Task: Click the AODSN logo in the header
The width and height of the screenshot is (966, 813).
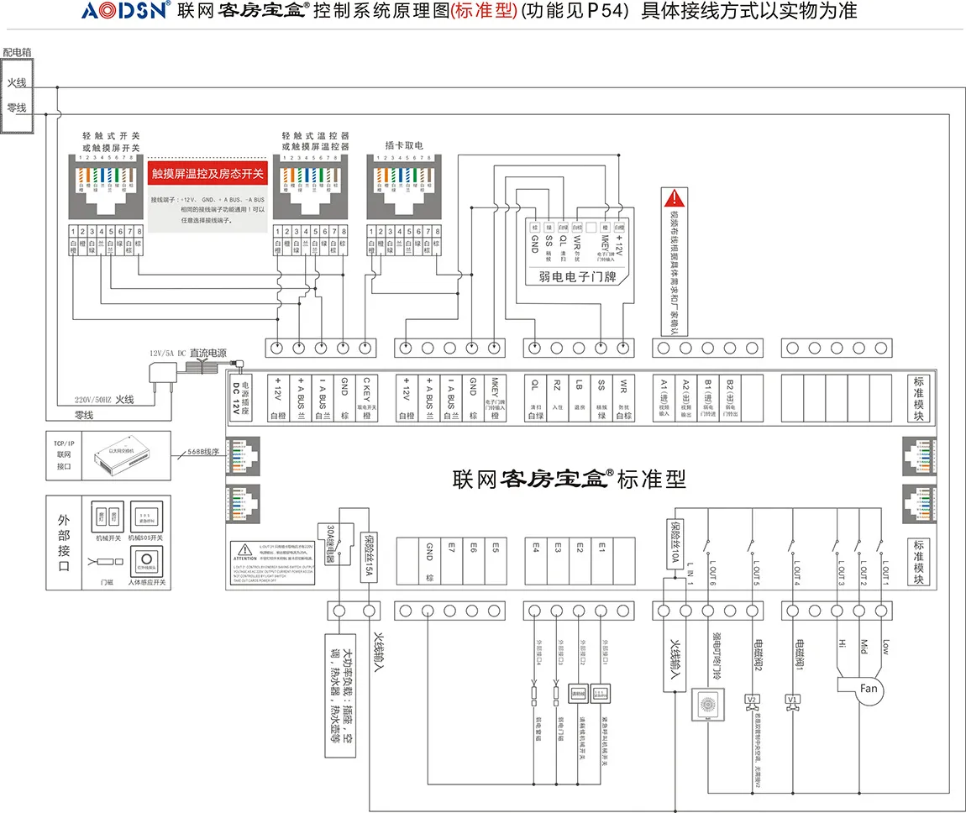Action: pos(126,11)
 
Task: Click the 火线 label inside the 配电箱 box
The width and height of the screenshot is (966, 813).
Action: pos(17,82)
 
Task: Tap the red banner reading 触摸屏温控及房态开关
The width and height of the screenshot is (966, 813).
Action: pos(207,175)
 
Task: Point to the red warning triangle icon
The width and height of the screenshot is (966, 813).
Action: pos(674,198)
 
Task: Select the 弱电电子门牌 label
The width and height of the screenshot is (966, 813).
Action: pos(574,275)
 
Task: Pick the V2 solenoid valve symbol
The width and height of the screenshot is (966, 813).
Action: pos(752,700)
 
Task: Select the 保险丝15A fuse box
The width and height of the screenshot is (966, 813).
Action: pos(367,553)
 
